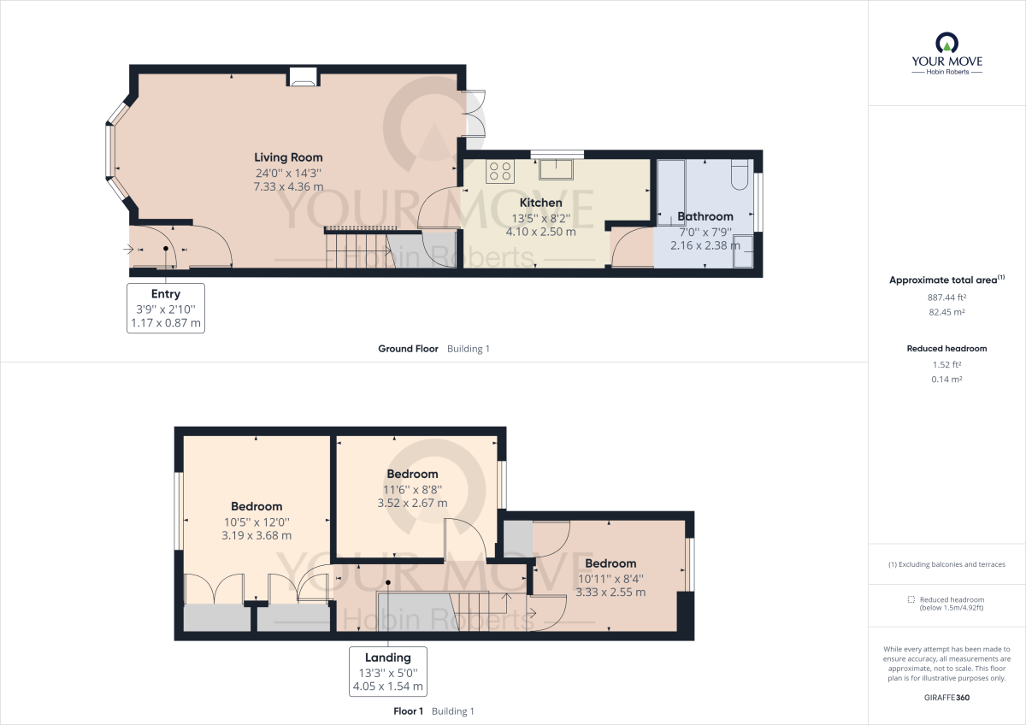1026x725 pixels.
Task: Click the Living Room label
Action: pyautogui.click(x=288, y=157)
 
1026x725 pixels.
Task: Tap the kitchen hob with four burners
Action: pyautogui.click(x=500, y=171)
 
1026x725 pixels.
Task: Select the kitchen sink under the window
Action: pyautogui.click(x=557, y=168)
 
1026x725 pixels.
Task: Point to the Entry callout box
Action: pyautogui.click(x=166, y=308)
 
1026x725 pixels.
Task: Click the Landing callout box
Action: pyautogui.click(x=388, y=671)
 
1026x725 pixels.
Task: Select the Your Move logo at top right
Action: pyautogui.click(x=946, y=54)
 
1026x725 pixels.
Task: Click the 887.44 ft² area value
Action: pyautogui.click(x=946, y=297)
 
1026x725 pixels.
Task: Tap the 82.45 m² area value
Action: pyautogui.click(x=946, y=312)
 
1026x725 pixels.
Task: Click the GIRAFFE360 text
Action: pyautogui.click(x=946, y=698)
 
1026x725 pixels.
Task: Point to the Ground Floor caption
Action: pyautogui.click(x=408, y=349)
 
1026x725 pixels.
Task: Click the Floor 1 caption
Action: pyautogui.click(x=408, y=711)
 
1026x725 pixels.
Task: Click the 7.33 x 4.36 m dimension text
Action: pyautogui.click(x=288, y=186)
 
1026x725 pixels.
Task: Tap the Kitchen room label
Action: pyautogui.click(x=541, y=203)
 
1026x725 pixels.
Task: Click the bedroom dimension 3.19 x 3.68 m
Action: pyautogui.click(x=256, y=536)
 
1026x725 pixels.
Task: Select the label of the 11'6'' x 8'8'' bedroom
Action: pyautogui.click(x=412, y=474)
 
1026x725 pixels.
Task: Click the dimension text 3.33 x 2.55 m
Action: pyautogui.click(x=610, y=592)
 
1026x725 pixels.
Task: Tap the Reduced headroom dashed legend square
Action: pyautogui.click(x=911, y=600)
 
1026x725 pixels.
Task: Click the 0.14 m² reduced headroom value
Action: pyautogui.click(x=946, y=379)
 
